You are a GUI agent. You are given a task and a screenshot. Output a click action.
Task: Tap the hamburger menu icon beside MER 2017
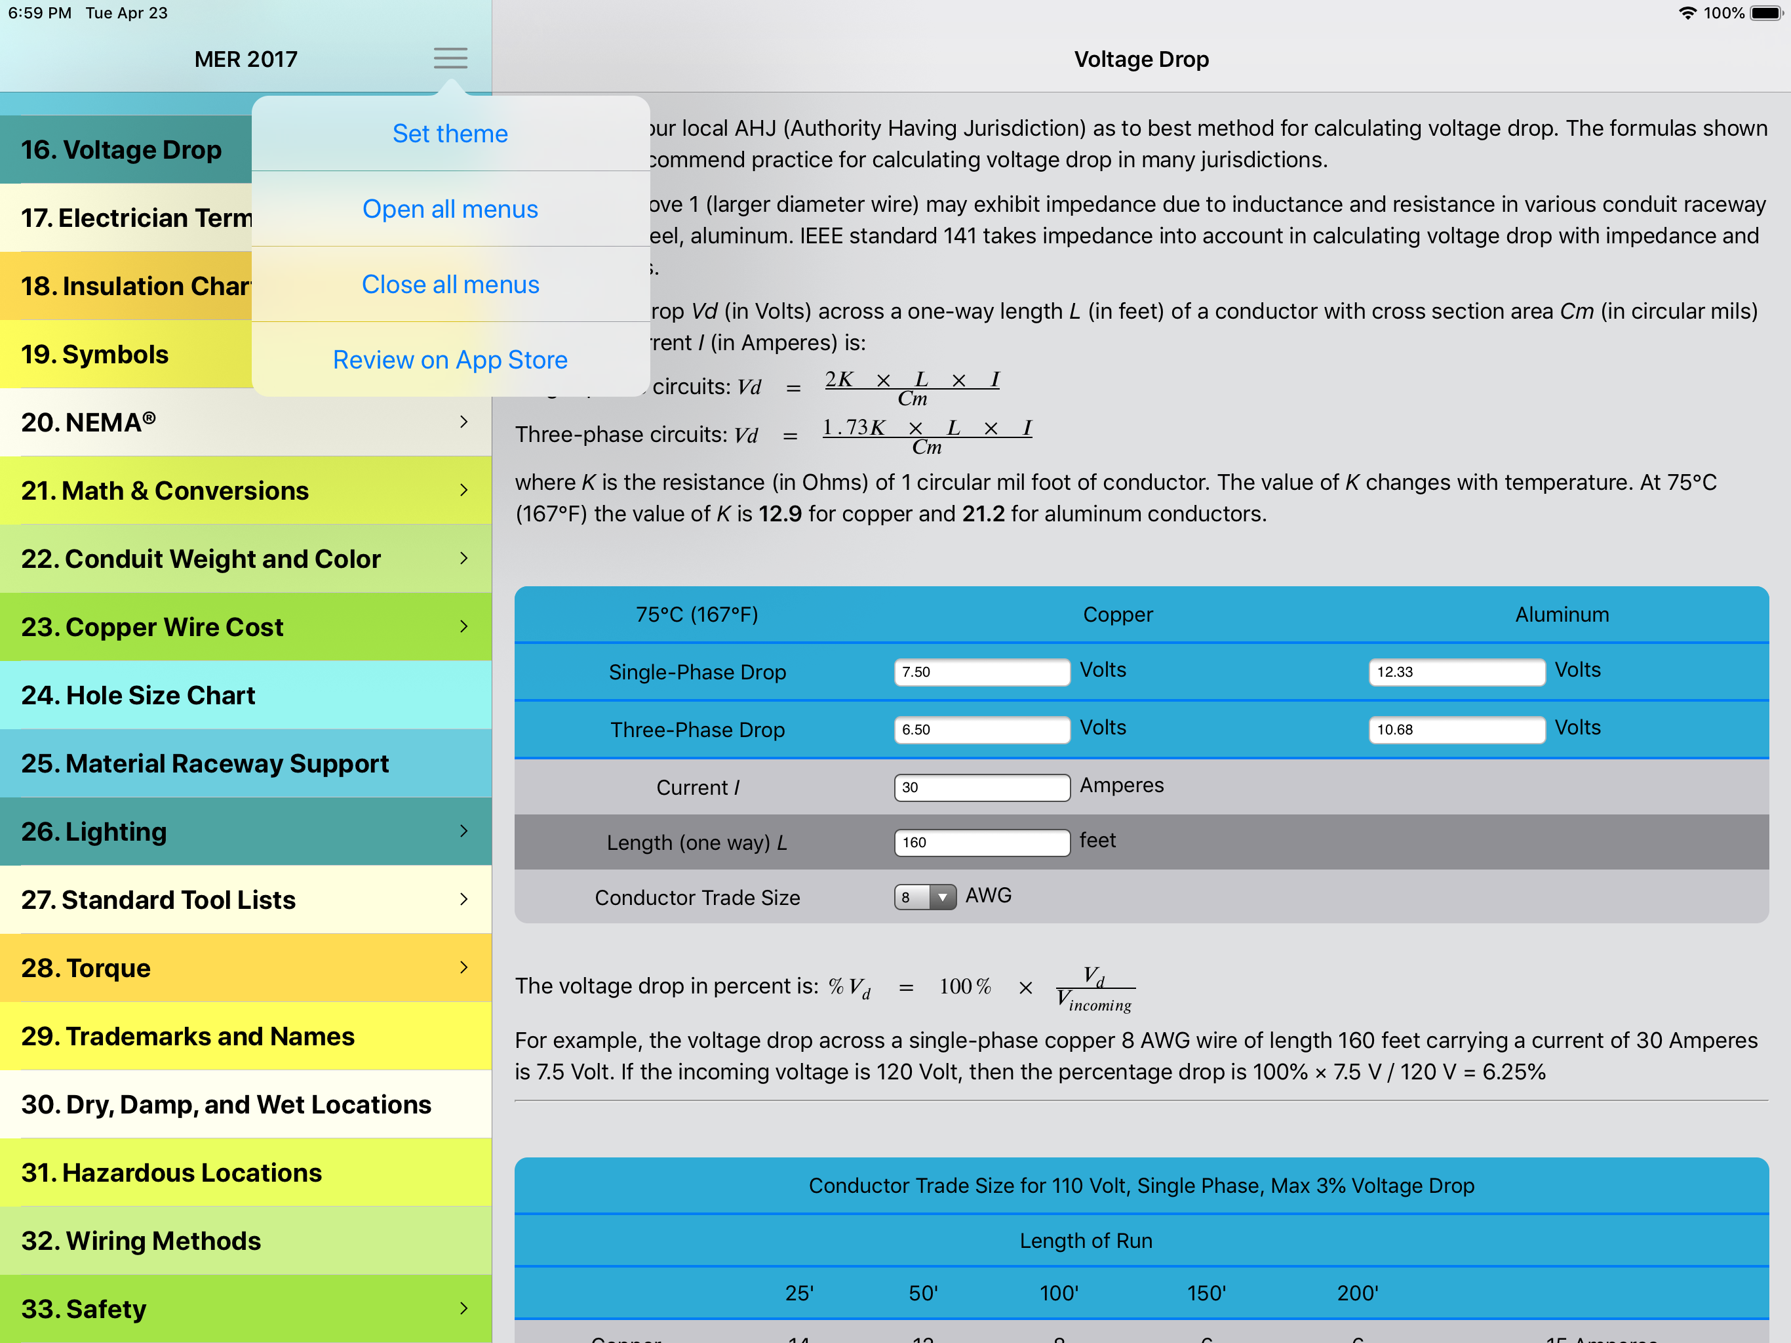point(450,58)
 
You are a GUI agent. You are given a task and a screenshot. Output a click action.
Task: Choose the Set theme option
point(450,134)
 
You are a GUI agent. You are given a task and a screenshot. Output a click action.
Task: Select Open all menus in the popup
point(450,209)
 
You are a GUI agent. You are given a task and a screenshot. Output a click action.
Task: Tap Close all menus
point(450,285)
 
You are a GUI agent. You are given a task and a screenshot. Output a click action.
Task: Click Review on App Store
point(450,359)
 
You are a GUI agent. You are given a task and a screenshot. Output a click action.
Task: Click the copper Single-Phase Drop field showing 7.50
point(981,671)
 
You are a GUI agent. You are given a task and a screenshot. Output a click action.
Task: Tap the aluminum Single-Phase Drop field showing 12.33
point(1456,671)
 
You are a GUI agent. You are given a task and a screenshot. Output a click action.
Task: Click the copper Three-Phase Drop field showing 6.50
point(981,729)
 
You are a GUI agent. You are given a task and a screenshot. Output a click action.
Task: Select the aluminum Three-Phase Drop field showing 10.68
point(1456,729)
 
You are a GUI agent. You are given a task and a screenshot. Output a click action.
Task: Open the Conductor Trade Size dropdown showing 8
point(924,896)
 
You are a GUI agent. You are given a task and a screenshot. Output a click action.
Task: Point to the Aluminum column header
point(1561,615)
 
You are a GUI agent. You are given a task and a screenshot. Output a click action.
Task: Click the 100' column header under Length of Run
point(1058,1293)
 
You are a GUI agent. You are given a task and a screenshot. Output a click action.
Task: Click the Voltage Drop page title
point(1141,59)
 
